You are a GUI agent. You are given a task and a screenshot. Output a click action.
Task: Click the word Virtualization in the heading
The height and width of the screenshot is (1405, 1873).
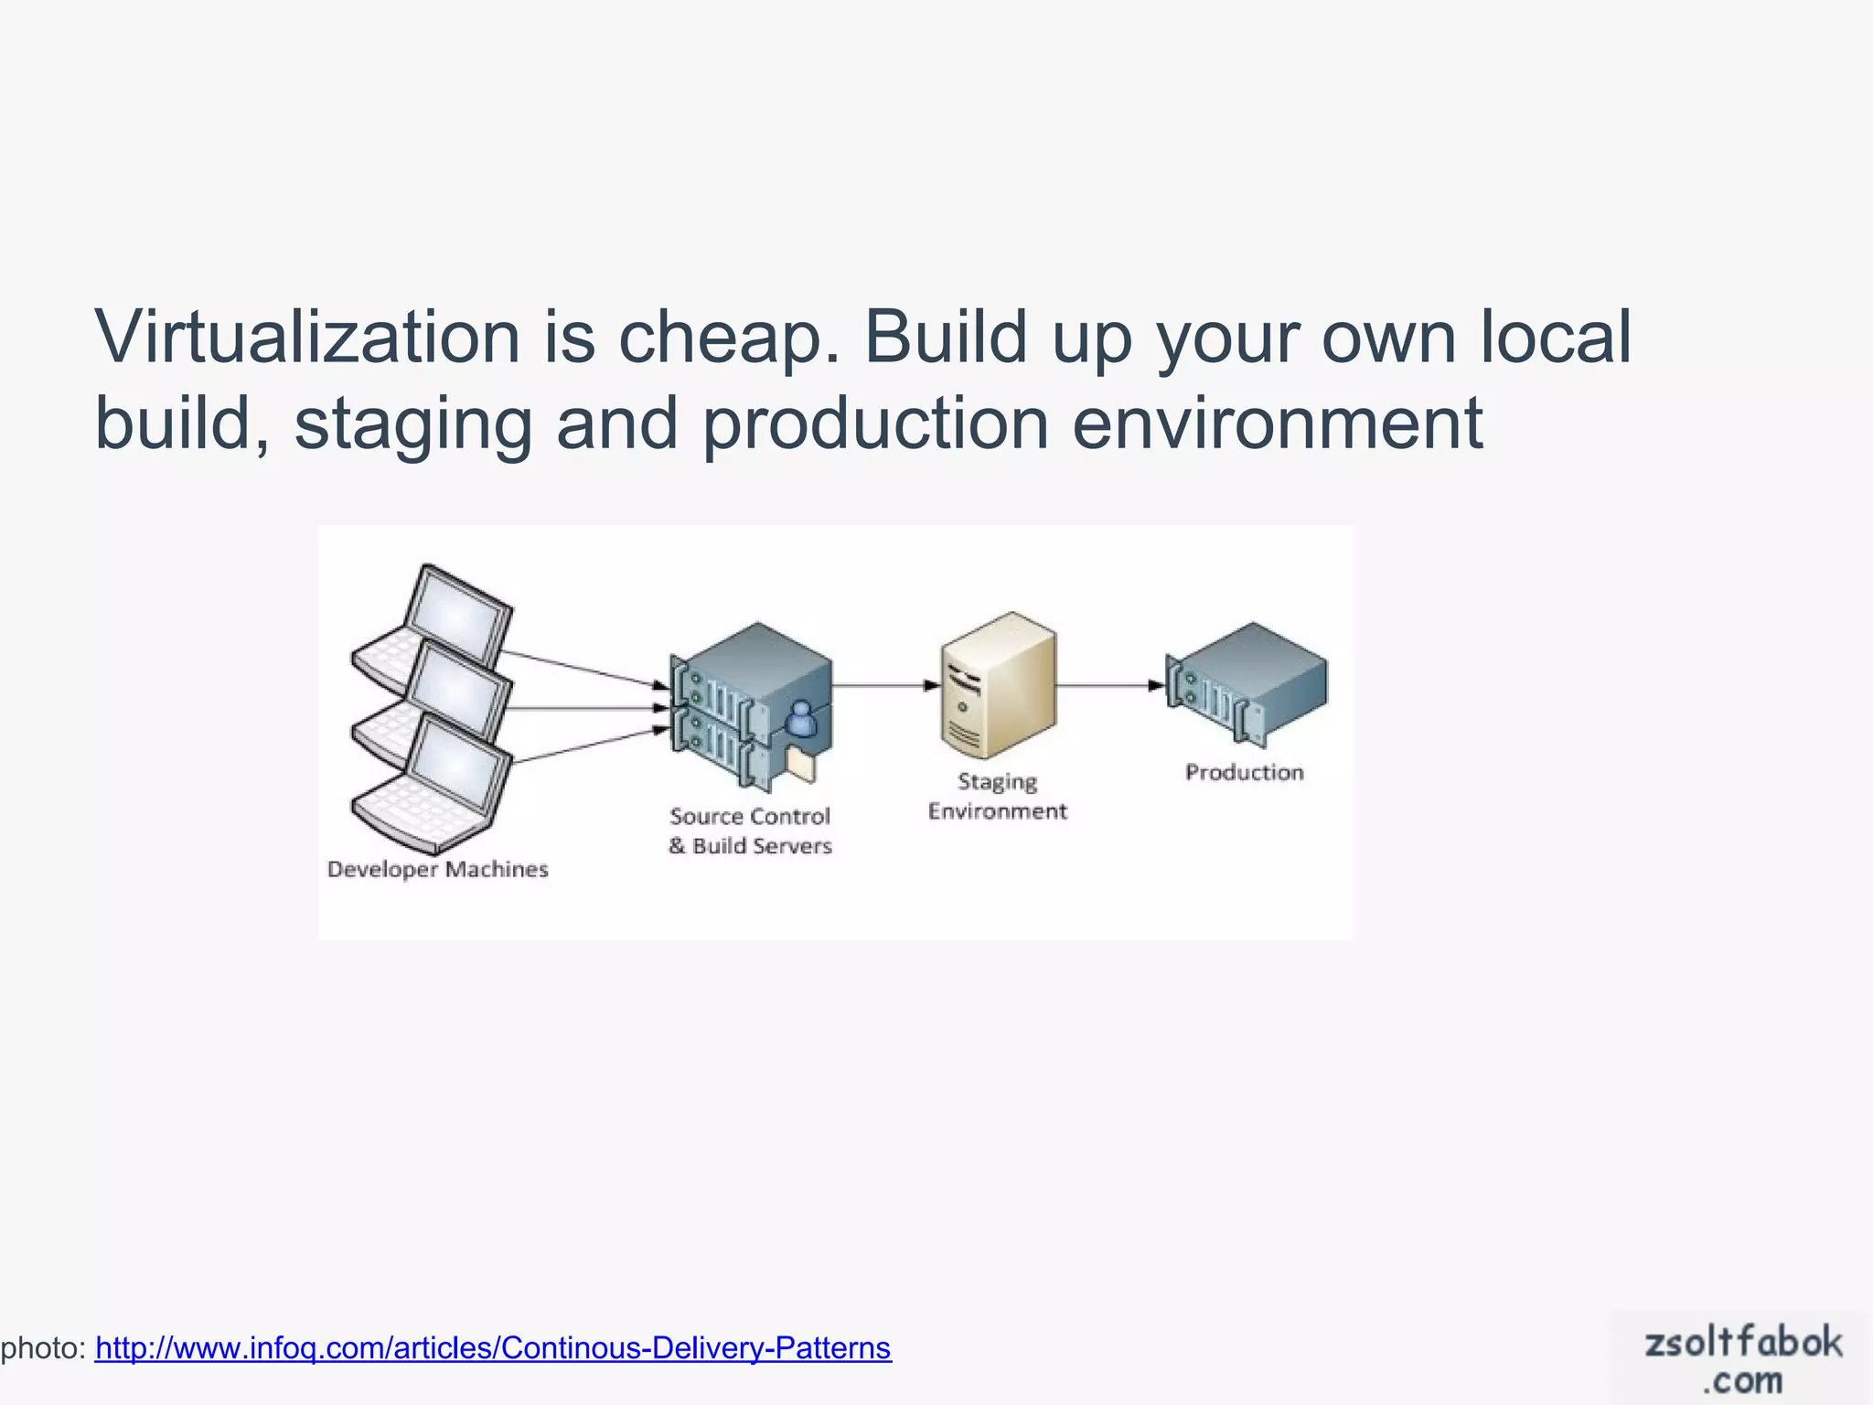click(308, 337)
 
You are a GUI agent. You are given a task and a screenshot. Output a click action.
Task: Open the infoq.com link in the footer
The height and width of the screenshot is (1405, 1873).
click(493, 1347)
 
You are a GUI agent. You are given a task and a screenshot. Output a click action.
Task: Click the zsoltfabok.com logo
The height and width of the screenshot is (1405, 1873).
click(1741, 1359)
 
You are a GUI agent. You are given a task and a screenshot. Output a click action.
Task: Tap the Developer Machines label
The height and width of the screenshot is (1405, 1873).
click(437, 869)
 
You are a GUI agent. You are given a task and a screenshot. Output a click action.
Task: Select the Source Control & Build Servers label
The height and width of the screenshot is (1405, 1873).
click(750, 831)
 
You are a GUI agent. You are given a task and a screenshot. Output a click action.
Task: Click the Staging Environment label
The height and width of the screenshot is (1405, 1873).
click(997, 796)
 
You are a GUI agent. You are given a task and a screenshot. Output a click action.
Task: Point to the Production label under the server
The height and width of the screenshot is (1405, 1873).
click(1244, 772)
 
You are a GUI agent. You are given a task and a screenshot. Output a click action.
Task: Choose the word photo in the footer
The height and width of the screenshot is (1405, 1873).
click(42, 1347)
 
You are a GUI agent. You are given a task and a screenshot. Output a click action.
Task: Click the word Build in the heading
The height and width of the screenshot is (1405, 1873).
click(946, 337)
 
